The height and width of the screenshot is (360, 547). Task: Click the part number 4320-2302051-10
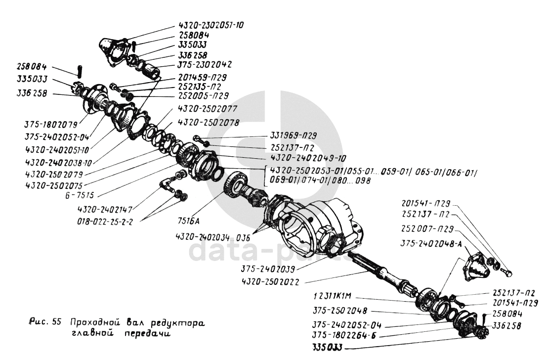[214, 26]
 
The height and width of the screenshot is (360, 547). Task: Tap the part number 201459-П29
[204, 78]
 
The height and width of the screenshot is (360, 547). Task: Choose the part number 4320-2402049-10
[302, 158]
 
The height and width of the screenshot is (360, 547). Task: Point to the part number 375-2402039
[268, 270]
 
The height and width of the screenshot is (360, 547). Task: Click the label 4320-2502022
[273, 281]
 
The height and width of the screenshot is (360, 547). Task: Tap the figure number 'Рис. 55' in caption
[44, 322]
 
